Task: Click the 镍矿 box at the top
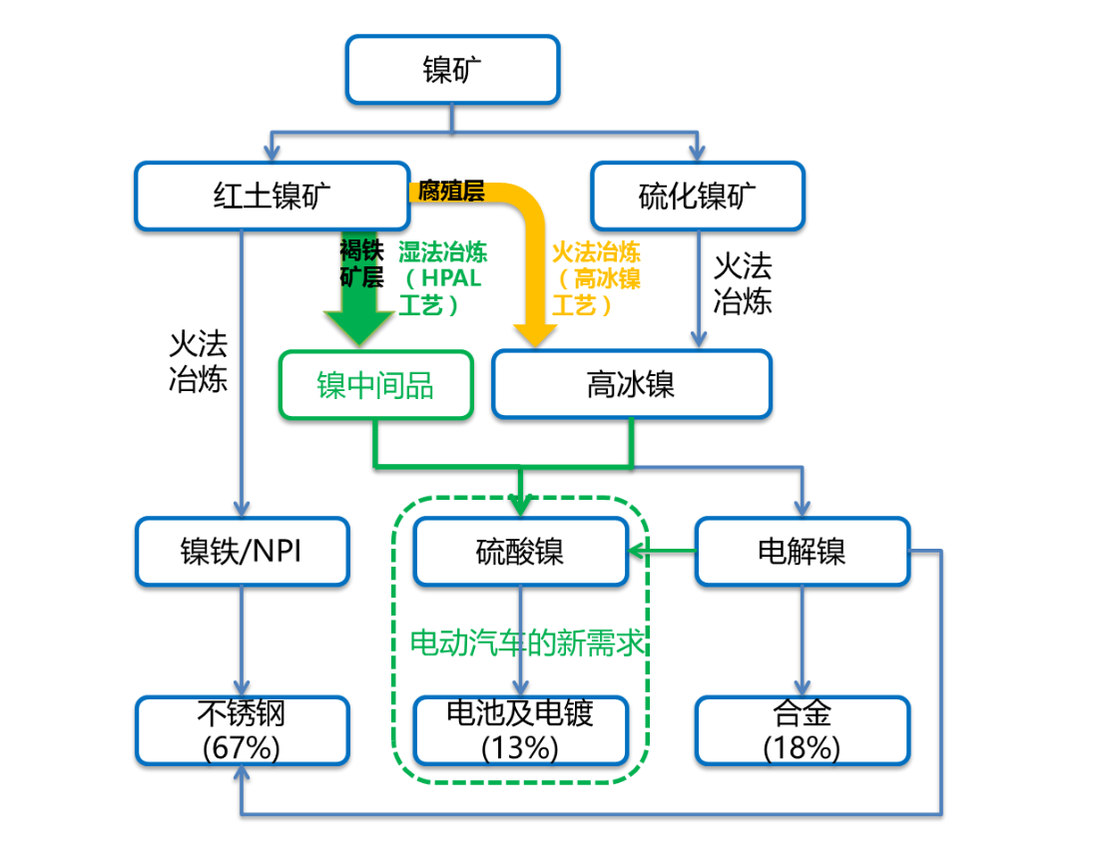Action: (452, 70)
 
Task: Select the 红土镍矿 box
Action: (272, 197)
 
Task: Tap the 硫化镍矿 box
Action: (698, 197)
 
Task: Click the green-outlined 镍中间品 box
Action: (376, 385)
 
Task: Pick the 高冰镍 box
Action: (632, 384)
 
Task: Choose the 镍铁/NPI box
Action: (242, 552)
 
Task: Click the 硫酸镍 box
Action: (521, 552)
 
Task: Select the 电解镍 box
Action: (803, 552)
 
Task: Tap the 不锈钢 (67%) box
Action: (242, 730)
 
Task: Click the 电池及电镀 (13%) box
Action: (521, 730)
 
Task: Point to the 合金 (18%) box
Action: (803, 730)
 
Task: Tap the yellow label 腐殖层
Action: (451, 191)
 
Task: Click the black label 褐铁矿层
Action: (361, 263)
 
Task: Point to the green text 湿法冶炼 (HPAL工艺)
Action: (442, 278)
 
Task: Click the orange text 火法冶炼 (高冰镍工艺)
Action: (596, 278)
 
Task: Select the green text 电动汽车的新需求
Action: (526, 642)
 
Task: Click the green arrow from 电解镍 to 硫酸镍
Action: (663, 551)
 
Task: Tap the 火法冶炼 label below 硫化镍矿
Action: (743, 283)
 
